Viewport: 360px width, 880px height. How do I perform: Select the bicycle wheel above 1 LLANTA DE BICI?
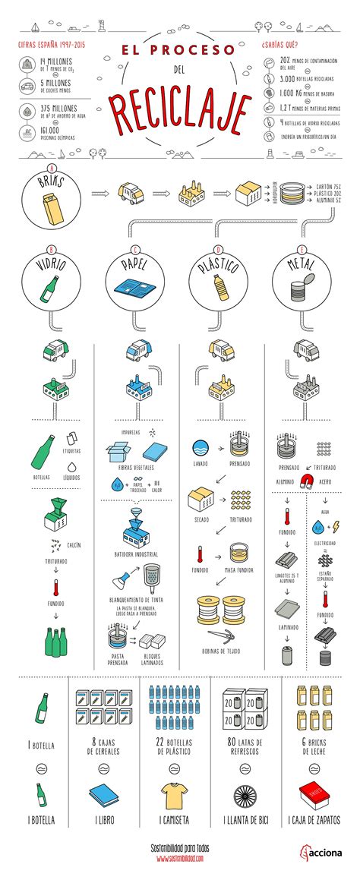(x=248, y=796)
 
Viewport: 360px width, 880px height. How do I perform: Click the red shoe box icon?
(x=311, y=796)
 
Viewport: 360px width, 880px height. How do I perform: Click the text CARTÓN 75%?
(x=327, y=185)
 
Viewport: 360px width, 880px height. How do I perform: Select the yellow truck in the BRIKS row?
(x=132, y=194)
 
